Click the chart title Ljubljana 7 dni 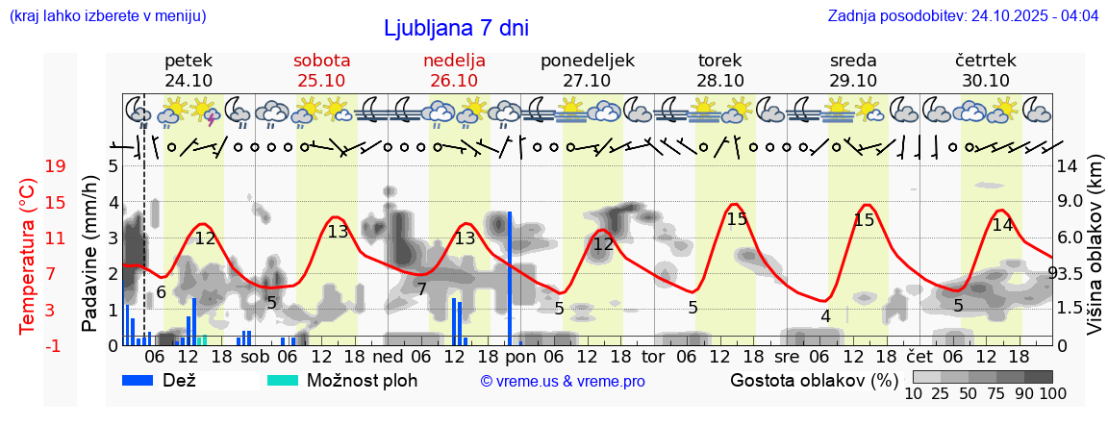(x=456, y=28)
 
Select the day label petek (x=189, y=61)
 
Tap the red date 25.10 (x=321, y=81)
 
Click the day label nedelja (x=454, y=61)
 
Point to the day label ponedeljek (x=587, y=61)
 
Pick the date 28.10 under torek (x=719, y=81)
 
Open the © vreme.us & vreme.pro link (x=563, y=381)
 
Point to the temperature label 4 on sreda (x=825, y=315)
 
